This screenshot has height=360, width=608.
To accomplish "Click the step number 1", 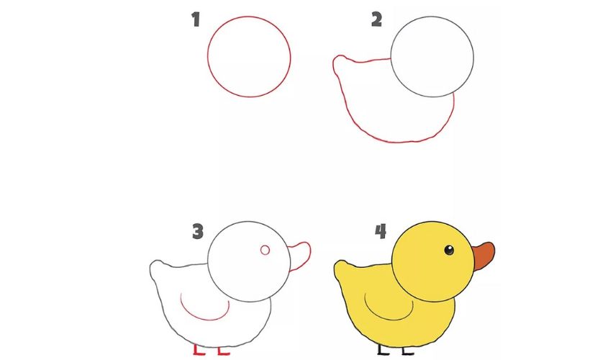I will point(195,19).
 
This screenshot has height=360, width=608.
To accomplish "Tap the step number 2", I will point(376,19).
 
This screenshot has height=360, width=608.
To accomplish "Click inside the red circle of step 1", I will point(249,56).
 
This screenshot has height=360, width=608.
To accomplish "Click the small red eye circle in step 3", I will point(265,250).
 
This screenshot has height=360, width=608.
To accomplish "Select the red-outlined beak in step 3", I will point(301,256).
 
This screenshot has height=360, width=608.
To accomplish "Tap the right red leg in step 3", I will point(222,350).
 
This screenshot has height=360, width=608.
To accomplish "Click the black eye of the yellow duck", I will point(449,250).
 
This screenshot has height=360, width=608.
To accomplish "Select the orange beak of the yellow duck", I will point(484,256).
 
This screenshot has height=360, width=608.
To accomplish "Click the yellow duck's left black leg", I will point(381,349).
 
